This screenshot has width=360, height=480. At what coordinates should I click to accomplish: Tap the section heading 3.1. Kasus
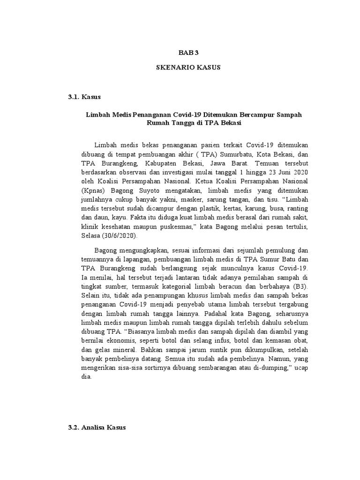click(x=84, y=97)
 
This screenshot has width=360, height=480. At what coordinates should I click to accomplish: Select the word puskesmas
click(x=176, y=226)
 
